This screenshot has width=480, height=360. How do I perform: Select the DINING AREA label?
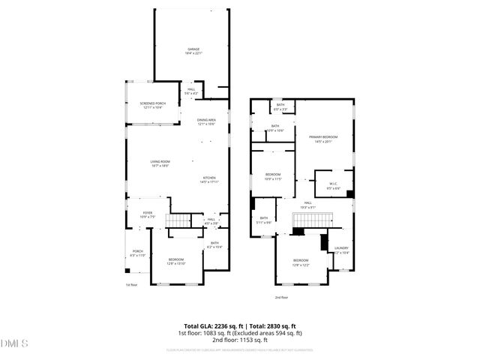(x=207, y=120)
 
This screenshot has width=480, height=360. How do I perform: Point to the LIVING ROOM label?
(x=159, y=162)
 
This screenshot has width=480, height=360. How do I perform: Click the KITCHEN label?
(x=208, y=177)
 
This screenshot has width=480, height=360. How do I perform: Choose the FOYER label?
(x=148, y=213)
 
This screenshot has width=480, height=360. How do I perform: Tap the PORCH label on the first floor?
(x=138, y=250)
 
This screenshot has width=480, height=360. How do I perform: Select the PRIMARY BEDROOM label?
(x=323, y=137)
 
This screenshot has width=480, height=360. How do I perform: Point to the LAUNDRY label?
(x=341, y=247)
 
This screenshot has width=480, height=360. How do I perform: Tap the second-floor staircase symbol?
(x=311, y=219)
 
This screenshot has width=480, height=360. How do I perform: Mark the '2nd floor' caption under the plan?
(x=281, y=298)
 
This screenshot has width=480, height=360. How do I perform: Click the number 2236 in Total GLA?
(x=229, y=325)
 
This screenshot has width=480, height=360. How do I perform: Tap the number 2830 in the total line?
(x=275, y=325)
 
